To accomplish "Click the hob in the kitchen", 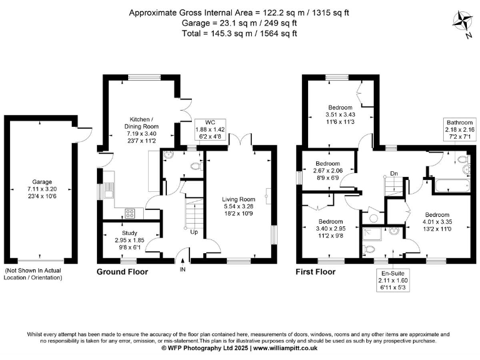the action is tap(130, 213).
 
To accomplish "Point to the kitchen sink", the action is tap(108, 190).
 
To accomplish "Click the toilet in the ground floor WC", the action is tap(196, 166).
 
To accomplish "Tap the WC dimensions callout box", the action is tap(210, 129).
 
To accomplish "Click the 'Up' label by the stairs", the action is tap(194, 232).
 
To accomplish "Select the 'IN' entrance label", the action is tap(182, 269).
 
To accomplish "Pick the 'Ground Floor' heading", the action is tap(122, 272).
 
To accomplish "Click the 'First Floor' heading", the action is tap(316, 272).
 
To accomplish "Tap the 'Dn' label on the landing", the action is tap(394, 174).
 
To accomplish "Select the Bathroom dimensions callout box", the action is tap(460, 129).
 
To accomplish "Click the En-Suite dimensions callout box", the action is tap(393, 281).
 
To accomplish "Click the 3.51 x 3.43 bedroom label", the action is tap(340, 114).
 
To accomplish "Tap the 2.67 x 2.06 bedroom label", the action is tap(328, 171).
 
